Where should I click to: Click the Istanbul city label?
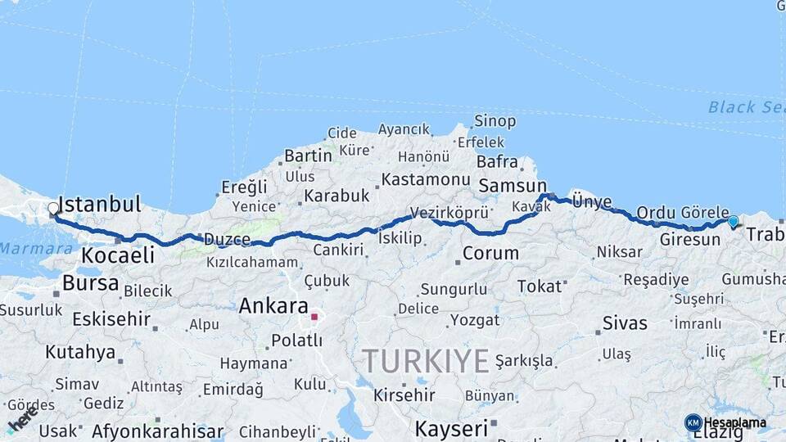coord(100,205)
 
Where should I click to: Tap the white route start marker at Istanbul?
coord(53,209)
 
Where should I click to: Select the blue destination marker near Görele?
coord(733,221)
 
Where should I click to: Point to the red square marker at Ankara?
coord(314,316)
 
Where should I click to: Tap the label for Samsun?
coord(513,186)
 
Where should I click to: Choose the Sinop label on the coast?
coord(495,122)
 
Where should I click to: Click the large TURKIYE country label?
coord(426,360)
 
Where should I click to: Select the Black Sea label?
coord(745,107)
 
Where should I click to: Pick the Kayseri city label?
coord(451,428)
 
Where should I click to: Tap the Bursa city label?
coord(90,284)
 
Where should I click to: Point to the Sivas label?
coord(625,322)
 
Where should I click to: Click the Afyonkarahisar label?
coord(157,431)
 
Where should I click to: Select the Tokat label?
coord(540,286)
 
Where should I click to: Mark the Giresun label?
coord(689,240)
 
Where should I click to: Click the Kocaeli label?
coord(118,255)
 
